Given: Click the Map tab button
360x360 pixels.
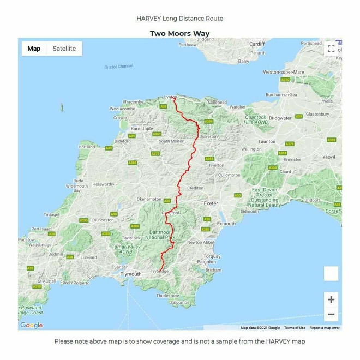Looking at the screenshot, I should coord(34,49).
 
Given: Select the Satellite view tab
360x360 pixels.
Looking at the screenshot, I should coord(64,49).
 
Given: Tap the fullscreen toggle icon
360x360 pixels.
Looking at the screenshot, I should coord(331,49).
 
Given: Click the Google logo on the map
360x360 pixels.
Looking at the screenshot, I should coord(31,326).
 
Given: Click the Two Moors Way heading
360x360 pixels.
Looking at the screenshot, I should coord(179,34).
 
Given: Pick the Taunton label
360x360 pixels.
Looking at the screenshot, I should coord(267,141).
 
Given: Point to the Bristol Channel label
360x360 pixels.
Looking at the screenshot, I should coord(118,67).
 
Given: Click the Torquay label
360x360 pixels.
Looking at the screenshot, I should coord(212,256).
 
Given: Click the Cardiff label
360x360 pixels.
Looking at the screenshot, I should coord(256,44).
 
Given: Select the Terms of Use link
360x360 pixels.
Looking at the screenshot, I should coord(295,328).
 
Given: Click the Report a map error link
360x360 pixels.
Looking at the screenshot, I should coord(325,328).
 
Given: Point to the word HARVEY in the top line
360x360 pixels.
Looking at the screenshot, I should coord(149,19).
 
